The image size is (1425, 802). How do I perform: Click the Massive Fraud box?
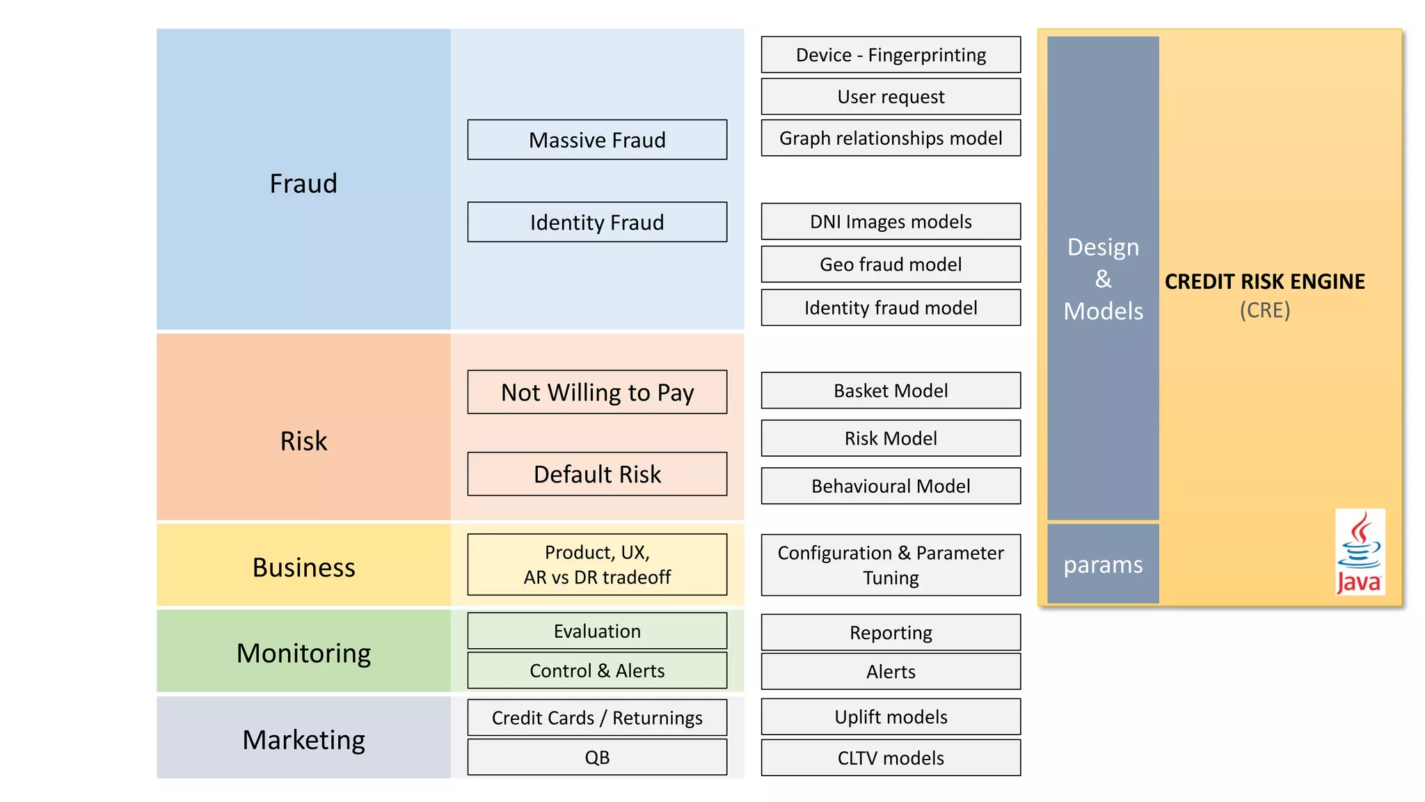597,140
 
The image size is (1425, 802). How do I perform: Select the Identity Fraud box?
597,222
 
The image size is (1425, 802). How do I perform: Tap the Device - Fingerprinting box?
891,55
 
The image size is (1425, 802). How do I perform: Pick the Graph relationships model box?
891,138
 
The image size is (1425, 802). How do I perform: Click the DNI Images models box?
891,221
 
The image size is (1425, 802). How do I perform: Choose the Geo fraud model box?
891,265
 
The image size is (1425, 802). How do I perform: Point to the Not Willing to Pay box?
597,392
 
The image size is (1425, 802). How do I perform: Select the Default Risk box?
597,474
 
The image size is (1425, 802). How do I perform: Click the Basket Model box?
891,391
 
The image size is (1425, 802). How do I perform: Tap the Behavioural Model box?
891,486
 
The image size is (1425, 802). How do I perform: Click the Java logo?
1360,552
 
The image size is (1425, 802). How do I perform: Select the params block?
1103,564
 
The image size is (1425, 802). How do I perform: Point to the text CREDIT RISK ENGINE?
1264,281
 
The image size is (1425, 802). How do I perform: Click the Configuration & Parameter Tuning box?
891,565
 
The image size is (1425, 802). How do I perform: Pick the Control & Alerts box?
597,670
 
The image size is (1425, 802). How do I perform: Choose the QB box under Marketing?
597,757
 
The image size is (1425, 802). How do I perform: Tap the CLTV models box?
891,757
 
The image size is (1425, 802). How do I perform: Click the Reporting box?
891,632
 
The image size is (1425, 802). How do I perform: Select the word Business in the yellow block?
303,567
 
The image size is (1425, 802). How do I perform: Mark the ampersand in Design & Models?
1103,279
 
